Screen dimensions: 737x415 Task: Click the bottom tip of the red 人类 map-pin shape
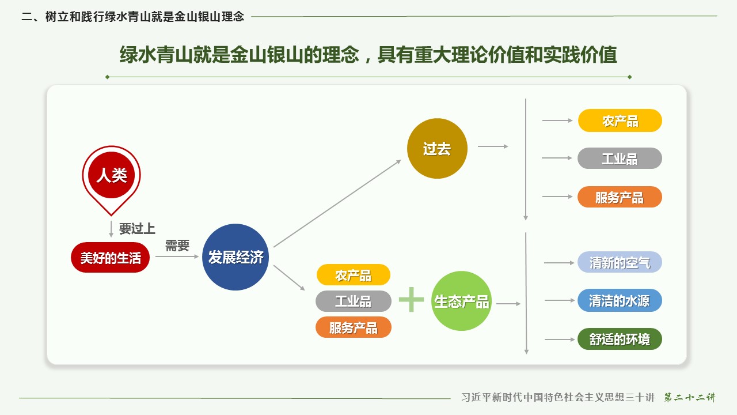pos(111,216)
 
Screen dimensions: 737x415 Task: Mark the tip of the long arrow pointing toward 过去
pos(401,160)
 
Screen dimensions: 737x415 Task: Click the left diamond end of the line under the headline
pos(107,77)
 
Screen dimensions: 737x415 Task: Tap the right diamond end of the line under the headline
pos(629,77)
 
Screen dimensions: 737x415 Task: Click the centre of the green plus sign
pos(411,299)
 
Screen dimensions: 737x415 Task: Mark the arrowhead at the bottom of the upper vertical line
pos(526,219)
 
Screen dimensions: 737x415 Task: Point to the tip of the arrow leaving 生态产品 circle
pos(520,304)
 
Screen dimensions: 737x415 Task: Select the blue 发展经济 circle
pos(235,257)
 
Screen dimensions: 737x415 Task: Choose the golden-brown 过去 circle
pos(437,148)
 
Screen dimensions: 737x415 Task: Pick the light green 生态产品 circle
pos(461,301)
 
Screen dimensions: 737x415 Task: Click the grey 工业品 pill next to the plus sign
pos(354,301)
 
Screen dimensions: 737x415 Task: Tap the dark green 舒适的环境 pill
pos(620,339)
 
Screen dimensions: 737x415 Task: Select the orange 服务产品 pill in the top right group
pos(620,197)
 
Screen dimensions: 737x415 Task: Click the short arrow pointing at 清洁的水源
pos(559,300)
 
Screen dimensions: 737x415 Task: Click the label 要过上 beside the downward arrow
pos(137,229)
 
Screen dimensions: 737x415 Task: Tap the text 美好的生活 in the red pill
pos(111,258)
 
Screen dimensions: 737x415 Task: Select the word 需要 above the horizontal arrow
pos(177,246)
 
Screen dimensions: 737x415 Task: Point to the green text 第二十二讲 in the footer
pos(690,397)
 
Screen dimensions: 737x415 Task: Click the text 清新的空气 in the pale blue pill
pos(620,262)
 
